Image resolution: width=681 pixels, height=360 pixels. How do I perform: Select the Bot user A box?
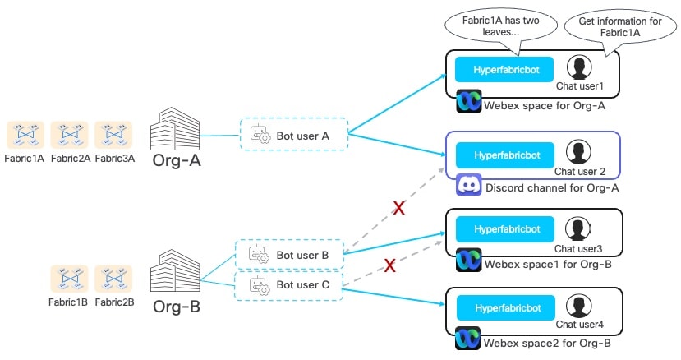tap(293, 136)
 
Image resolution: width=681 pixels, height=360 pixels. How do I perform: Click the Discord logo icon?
tap(468, 187)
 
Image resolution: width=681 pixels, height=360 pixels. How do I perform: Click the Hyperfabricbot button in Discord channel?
tap(504, 155)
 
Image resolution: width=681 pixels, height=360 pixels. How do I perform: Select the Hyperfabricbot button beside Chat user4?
tap(504, 306)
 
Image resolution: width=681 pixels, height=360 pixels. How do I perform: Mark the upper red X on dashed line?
tap(399, 208)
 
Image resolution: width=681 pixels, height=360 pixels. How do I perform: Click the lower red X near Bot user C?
tap(391, 265)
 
